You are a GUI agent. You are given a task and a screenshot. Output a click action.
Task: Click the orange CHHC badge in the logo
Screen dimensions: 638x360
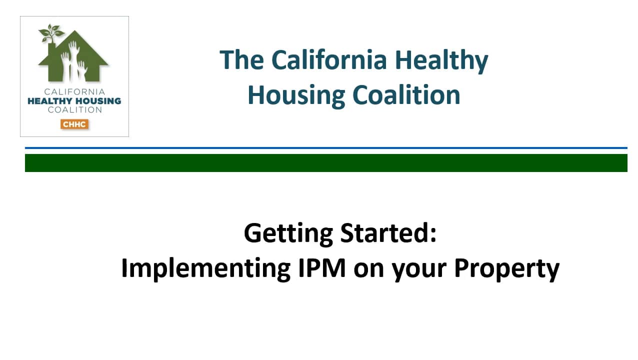click(74, 124)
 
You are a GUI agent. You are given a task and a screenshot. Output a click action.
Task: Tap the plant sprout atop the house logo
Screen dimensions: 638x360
click(51, 33)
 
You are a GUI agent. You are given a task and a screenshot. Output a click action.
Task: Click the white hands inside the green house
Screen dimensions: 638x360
click(73, 60)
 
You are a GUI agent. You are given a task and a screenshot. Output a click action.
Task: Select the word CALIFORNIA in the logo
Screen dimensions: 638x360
click(74, 91)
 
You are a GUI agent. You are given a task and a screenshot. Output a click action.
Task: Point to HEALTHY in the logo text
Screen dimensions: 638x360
click(50, 101)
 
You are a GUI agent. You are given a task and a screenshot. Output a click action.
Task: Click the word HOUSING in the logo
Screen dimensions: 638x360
click(98, 101)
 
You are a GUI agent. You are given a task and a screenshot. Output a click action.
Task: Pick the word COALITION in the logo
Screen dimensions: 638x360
click(74, 109)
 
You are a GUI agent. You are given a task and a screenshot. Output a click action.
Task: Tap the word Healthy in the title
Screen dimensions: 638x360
click(441, 61)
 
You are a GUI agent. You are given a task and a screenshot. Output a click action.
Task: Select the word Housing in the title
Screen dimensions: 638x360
click(296, 95)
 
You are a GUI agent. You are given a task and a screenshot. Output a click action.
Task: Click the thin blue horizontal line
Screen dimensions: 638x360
click(326, 148)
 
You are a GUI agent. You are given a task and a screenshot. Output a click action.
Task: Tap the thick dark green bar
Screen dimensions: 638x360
click(326, 163)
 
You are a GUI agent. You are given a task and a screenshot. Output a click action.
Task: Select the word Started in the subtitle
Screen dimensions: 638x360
click(388, 232)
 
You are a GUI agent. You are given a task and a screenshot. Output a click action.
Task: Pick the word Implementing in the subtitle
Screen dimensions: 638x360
click(205, 269)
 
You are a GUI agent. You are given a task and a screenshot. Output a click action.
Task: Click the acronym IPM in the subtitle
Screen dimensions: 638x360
click(322, 267)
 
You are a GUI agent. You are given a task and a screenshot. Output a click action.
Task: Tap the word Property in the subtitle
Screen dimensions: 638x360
click(506, 269)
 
